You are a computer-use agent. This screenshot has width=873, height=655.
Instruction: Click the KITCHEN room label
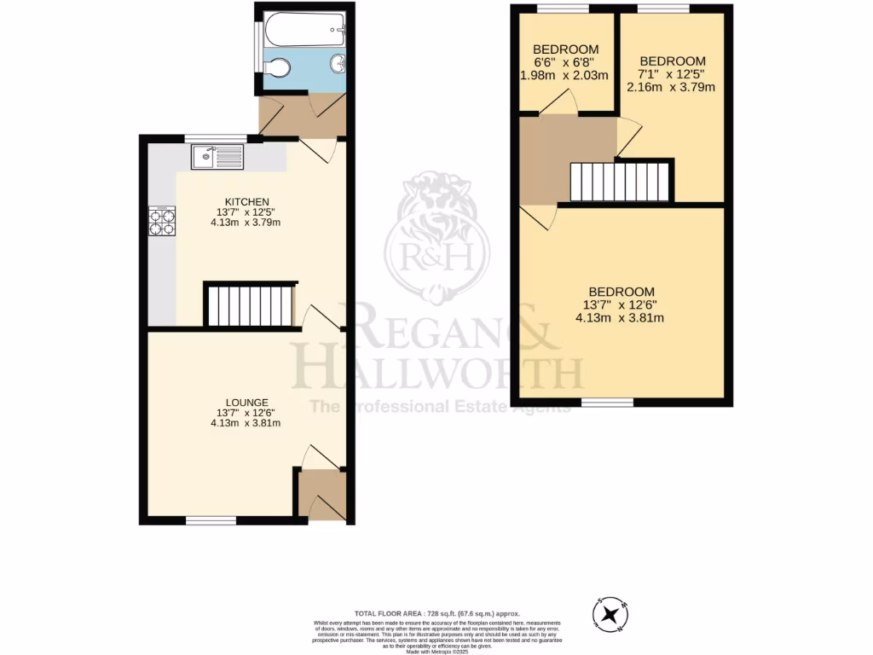tap(246, 201)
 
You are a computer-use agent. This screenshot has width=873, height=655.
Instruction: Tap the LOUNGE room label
tap(247, 403)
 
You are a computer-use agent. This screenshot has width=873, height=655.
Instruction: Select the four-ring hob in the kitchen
tap(162, 222)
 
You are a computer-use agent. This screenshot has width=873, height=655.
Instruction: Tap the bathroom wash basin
tap(337, 64)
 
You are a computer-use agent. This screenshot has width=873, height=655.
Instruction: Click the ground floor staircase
tap(251, 305)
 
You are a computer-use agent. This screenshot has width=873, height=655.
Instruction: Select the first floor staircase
tap(620, 181)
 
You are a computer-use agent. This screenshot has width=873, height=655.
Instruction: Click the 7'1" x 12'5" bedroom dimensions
tap(672, 74)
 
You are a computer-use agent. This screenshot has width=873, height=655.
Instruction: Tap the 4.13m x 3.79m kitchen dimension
tap(246, 223)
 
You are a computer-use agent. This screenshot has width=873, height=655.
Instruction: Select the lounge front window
tap(211, 520)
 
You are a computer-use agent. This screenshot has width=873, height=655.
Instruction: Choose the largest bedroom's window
tap(608, 402)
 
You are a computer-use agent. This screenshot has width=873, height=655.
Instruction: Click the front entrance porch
tap(322, 492)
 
